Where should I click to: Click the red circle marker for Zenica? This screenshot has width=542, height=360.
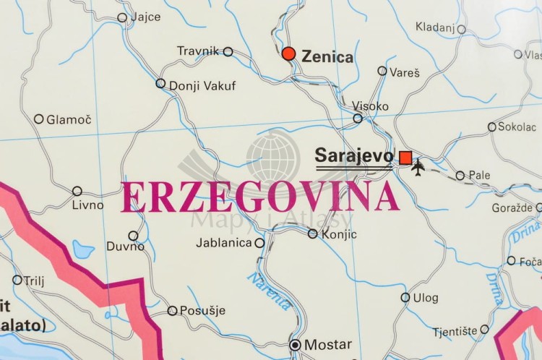point(289,53)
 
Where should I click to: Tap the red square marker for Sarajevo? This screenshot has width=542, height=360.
point(405,158)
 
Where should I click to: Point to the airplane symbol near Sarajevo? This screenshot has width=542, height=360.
point(418,167)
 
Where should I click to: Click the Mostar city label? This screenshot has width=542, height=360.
point(327,345)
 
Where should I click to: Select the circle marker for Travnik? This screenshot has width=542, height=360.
point(228,51)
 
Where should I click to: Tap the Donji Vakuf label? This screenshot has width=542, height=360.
point(202,86)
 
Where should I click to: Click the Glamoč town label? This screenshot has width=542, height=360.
point(69,119)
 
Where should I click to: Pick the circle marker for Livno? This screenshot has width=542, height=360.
point(77,191)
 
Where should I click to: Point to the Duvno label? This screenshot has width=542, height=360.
point(125,246)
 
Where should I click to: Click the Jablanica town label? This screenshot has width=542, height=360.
point(224,243)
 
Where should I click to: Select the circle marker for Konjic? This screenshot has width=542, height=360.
point(312,233)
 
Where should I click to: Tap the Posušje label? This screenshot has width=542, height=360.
point(202,311)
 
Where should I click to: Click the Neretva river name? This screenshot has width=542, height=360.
point(270,290)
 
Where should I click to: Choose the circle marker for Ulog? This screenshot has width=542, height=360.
point(405,297)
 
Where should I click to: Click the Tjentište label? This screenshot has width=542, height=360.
point(455,331)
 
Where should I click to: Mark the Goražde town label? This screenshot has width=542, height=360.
point(518,207)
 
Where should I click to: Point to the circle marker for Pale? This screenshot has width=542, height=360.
point(460,175)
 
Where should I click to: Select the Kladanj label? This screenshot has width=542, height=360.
point(434,27)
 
